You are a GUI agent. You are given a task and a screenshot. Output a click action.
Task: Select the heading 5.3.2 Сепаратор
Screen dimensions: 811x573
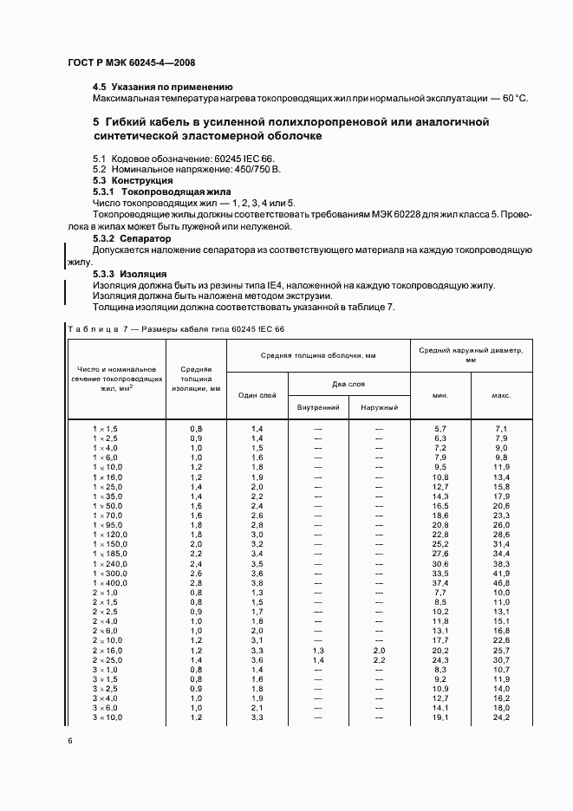coord(132,237)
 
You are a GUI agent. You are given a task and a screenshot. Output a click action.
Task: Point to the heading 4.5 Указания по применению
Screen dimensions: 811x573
coord(163,87)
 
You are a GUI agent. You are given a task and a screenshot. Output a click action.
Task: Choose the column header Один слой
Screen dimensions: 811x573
coord(257,395)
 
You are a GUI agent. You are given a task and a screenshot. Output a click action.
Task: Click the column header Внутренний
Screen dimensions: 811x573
coord(318,407)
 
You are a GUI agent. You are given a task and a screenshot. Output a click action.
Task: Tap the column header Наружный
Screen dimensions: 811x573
coord(379,407)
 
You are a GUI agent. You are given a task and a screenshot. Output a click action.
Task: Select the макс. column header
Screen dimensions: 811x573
coord(501,395)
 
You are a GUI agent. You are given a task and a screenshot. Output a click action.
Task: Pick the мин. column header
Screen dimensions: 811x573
coord(440,395)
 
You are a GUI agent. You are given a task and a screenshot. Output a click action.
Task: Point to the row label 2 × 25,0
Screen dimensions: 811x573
coord(109,660)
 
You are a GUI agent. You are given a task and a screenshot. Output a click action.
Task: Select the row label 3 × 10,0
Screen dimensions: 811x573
coord(109,717)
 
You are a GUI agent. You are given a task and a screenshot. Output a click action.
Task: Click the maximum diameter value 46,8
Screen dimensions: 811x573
coord(501,583)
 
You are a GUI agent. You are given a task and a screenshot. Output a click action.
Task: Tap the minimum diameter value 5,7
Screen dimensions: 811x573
coord(440,430)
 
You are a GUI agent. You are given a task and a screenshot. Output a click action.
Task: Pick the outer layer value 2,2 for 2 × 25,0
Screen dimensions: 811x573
coord(379,660)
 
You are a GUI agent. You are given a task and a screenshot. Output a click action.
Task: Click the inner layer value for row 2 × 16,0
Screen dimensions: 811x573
coord(318,651)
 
